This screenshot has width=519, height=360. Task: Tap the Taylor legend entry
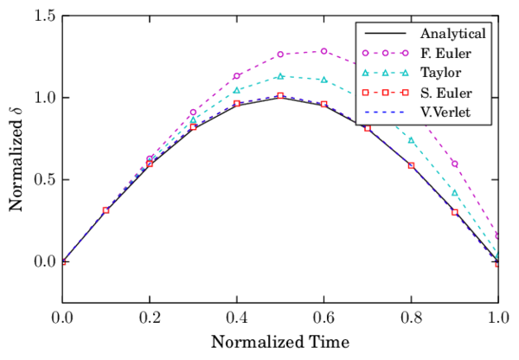441,73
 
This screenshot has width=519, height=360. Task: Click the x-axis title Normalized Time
279,340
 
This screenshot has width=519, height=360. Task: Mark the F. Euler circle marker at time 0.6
324,51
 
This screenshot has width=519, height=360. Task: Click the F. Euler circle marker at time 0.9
455,164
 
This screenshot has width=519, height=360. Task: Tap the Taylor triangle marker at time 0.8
411,140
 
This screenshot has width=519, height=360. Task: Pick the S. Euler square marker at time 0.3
193,127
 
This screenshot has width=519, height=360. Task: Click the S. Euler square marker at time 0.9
455,212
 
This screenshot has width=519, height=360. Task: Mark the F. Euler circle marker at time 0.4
236,76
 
